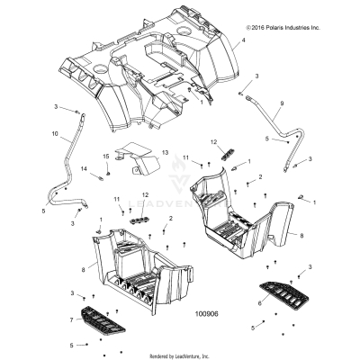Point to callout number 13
point(165,152)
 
